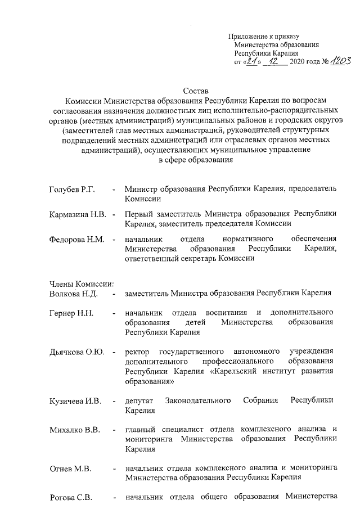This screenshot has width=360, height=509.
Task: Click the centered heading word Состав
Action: tap(195, 90)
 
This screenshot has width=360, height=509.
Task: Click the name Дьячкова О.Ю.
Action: tap(77, 352)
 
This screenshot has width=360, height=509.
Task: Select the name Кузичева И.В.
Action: tap(75, 400)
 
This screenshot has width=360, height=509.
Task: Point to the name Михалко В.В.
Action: tap(74, 431)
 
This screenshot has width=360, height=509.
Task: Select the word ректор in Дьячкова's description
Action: tap(138, 352)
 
